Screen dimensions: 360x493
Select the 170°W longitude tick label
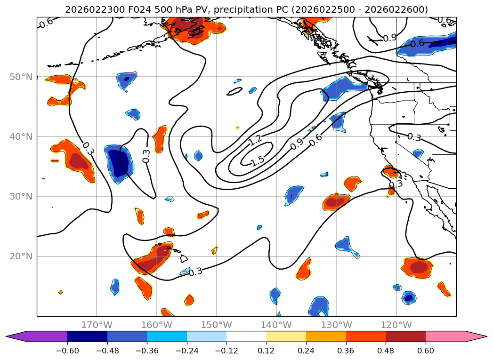97,325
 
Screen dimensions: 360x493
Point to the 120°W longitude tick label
396,325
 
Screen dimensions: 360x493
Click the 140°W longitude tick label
276,325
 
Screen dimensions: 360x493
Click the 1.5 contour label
258,161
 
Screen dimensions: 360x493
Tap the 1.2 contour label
256,139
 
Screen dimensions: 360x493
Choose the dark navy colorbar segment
87,336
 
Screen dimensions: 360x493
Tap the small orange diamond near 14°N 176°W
60,292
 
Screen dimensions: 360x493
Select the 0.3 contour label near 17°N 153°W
195,272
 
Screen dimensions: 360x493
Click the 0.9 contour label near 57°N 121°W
389,38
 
